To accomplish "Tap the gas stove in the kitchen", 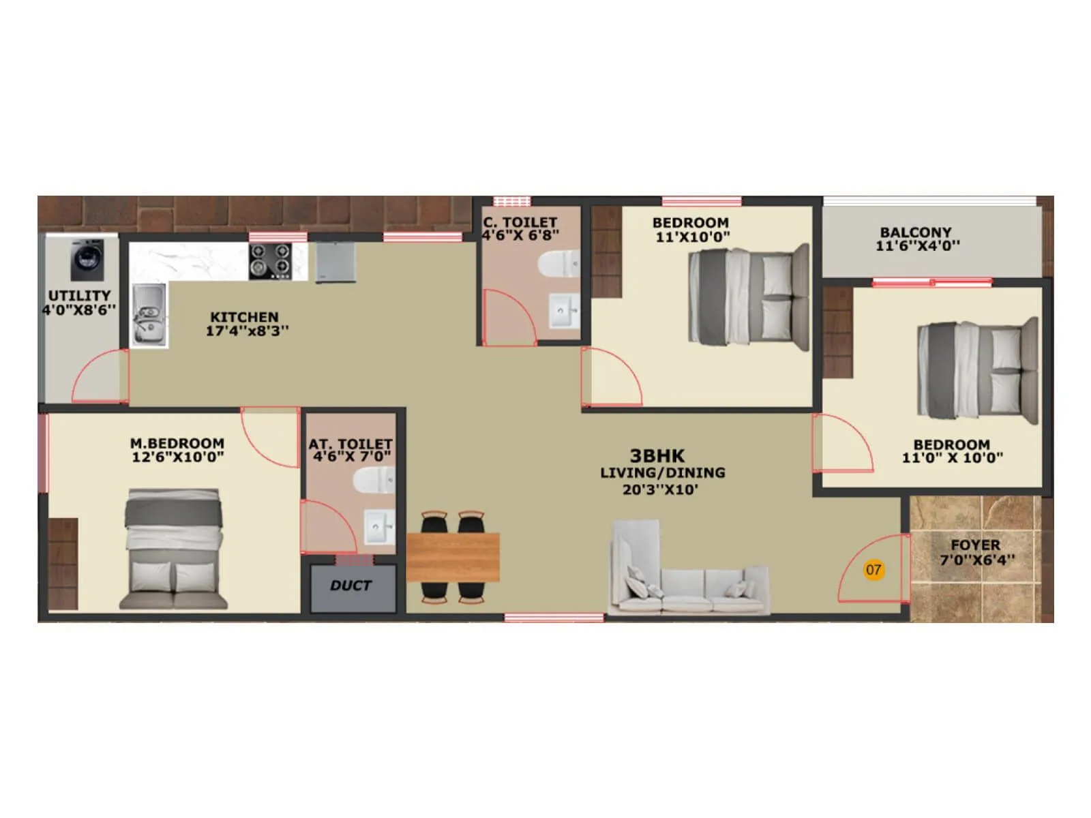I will pos(270,261).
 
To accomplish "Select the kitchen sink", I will pos(148,315).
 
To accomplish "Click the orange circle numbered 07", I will pos(873,569).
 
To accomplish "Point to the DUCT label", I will pos(350,586).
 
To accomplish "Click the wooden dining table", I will pos(453,557).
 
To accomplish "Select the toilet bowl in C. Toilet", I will pos(558,264).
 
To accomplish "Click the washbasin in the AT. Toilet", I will pos(380,526).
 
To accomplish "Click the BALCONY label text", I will pos(915,232).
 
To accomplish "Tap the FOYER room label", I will pos(975,545).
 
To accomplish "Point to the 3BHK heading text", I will pos(657,456).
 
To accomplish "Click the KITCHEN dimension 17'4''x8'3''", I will pos(247,331).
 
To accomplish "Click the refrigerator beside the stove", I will pos(335,262).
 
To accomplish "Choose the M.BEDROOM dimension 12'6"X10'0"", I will pos(177,457).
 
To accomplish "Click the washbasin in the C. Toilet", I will pos(564,311).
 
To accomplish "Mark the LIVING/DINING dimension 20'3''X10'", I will pos(660,489).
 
